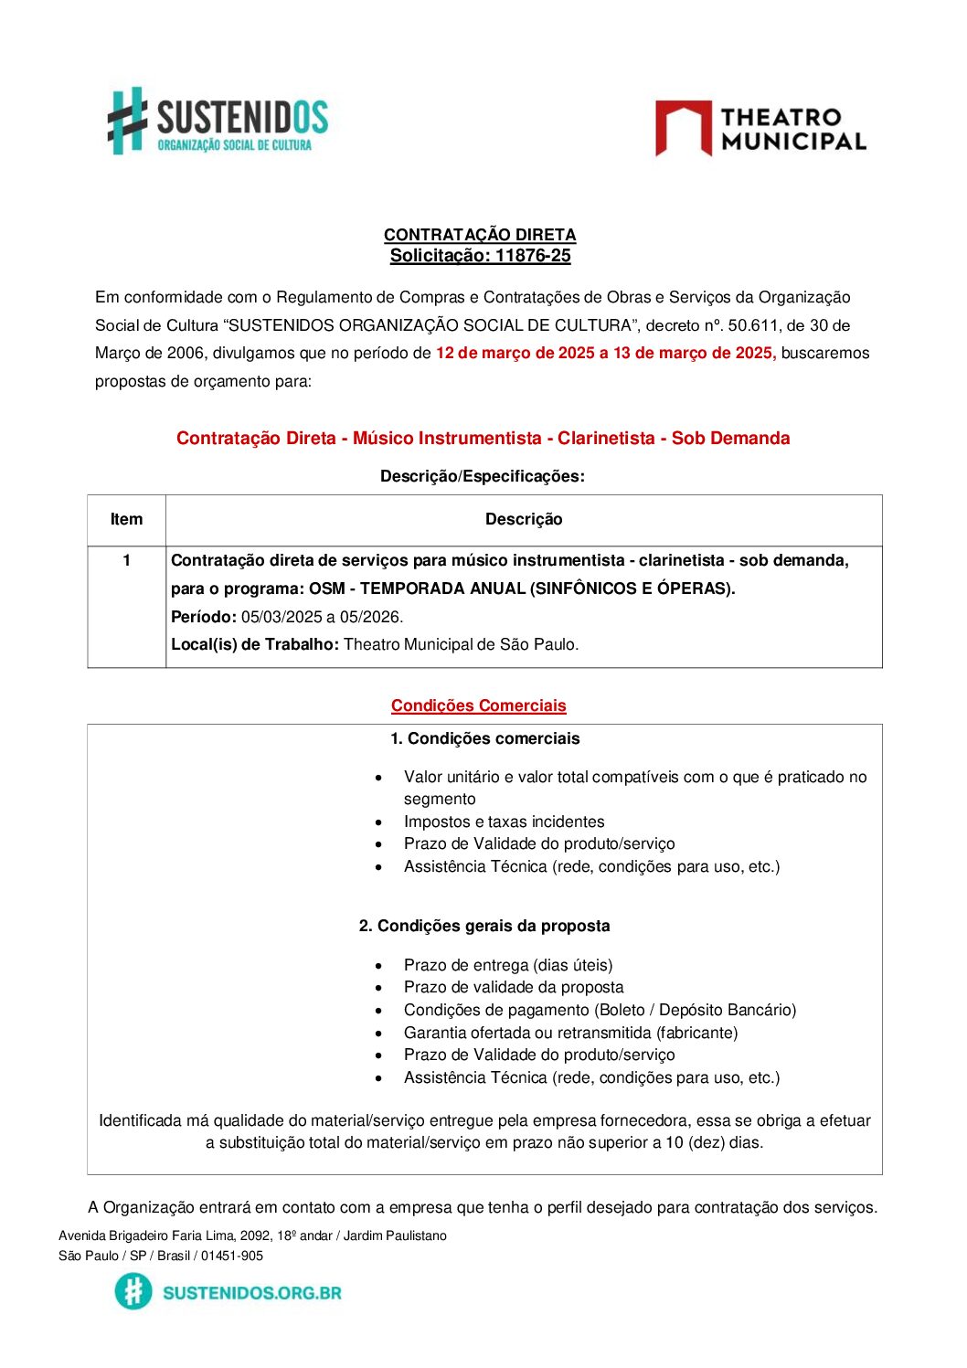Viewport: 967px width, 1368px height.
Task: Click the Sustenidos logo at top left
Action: (x=218, y=121)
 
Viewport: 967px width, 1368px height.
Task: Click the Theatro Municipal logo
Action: (x=760, y=129)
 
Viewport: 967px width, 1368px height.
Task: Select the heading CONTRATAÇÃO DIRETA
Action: (x=480, y=235)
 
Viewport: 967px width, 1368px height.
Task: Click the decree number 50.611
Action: (x=752, y=325)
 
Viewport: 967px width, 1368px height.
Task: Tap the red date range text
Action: (x=605, y=354)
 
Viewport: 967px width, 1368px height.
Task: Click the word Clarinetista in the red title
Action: (x=606, y=439)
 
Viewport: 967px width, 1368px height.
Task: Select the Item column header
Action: (x=126, y=520)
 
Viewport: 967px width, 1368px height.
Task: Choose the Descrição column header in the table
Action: (x=524, y=520)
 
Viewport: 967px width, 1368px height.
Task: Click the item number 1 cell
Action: (x=126, y=560)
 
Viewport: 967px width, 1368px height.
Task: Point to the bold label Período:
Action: (x=204, y=617)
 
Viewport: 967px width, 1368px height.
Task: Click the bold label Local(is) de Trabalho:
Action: (x=255, y=644)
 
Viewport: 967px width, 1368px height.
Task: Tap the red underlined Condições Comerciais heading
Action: (x=479, y=705)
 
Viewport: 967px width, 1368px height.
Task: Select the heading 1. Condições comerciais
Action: (x=484, y=738)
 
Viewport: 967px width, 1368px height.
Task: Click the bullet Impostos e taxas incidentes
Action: (x=504, y=822)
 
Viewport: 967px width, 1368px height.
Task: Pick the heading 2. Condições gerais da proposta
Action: (x=484, y=926)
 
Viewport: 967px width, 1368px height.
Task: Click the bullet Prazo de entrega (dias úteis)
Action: (x=508, y=965)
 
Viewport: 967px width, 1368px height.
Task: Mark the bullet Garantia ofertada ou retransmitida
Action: (x=570, y=1033)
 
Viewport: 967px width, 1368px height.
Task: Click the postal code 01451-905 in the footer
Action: (x=232, y=1256)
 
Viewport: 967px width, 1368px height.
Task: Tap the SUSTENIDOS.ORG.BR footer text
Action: (x=252, y=1293)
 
